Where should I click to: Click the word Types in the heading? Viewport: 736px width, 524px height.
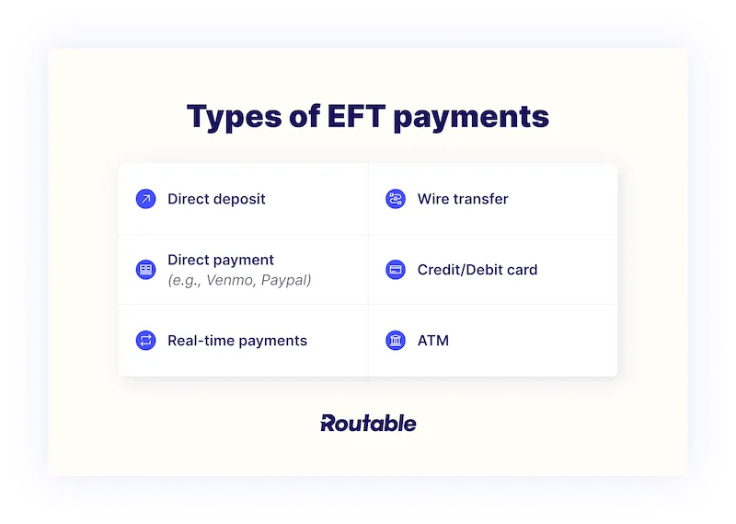click(x=232, y=118)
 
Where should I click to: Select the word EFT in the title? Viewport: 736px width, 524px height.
click(x=346, y=118)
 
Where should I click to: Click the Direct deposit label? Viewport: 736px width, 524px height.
click(x=216, y=199)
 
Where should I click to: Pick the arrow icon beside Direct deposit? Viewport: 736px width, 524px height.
click(x=145, y=199)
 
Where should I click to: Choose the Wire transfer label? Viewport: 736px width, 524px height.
click(x=463, y=199)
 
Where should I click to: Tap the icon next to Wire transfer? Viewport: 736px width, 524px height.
click(x=396, y=199)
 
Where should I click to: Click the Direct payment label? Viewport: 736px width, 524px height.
click(x=221, y=260)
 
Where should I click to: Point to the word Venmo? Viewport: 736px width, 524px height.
click(x=233, y=280)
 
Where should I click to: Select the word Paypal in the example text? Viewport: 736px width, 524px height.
click(x=286, y=280)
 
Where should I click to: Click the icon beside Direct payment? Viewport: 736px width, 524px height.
click(x=145, y=270)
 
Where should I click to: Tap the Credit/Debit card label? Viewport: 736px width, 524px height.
click(x=477, y=270)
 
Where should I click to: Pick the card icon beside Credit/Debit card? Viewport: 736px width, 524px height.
click(x=396, y=270)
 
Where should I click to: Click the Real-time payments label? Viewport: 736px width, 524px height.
click(x=237, y=341)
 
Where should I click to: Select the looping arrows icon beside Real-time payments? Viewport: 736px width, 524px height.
click(x=145, y=341)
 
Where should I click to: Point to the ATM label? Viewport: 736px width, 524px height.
click(x=433, y=341)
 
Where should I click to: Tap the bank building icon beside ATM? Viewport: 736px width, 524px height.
click(x=396, y=341)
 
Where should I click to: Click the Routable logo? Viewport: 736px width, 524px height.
click(x=368, y=424)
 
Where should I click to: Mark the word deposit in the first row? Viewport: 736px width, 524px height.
click(x=239, y=200)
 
